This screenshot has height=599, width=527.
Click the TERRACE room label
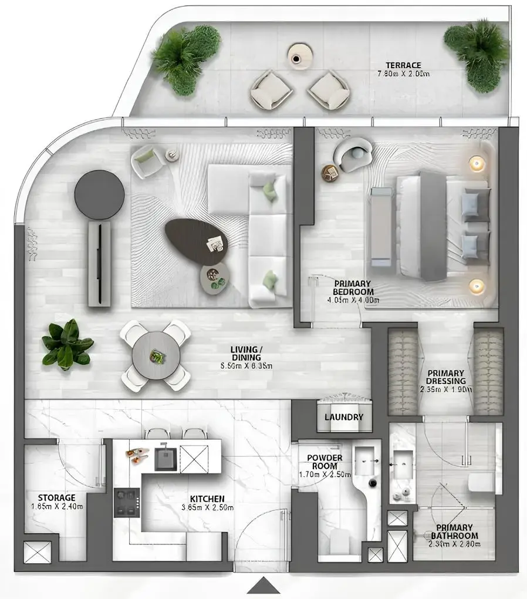pyautogui.click(x=403, y=65)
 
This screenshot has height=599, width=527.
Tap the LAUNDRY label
pyautogui.click(x=344, y=418)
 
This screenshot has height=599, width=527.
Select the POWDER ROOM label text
pyautogui.click(x=325, y=462)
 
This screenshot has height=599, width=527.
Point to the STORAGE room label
pyautogui.click(x=56, y=498)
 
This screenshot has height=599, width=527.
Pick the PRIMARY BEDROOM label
pyautogui.click(x=353, y=287)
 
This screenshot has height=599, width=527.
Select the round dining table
pyautogui.click(x=156, y=355)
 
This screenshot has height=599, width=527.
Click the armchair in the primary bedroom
pyautogui.click(x=354, y=154)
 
